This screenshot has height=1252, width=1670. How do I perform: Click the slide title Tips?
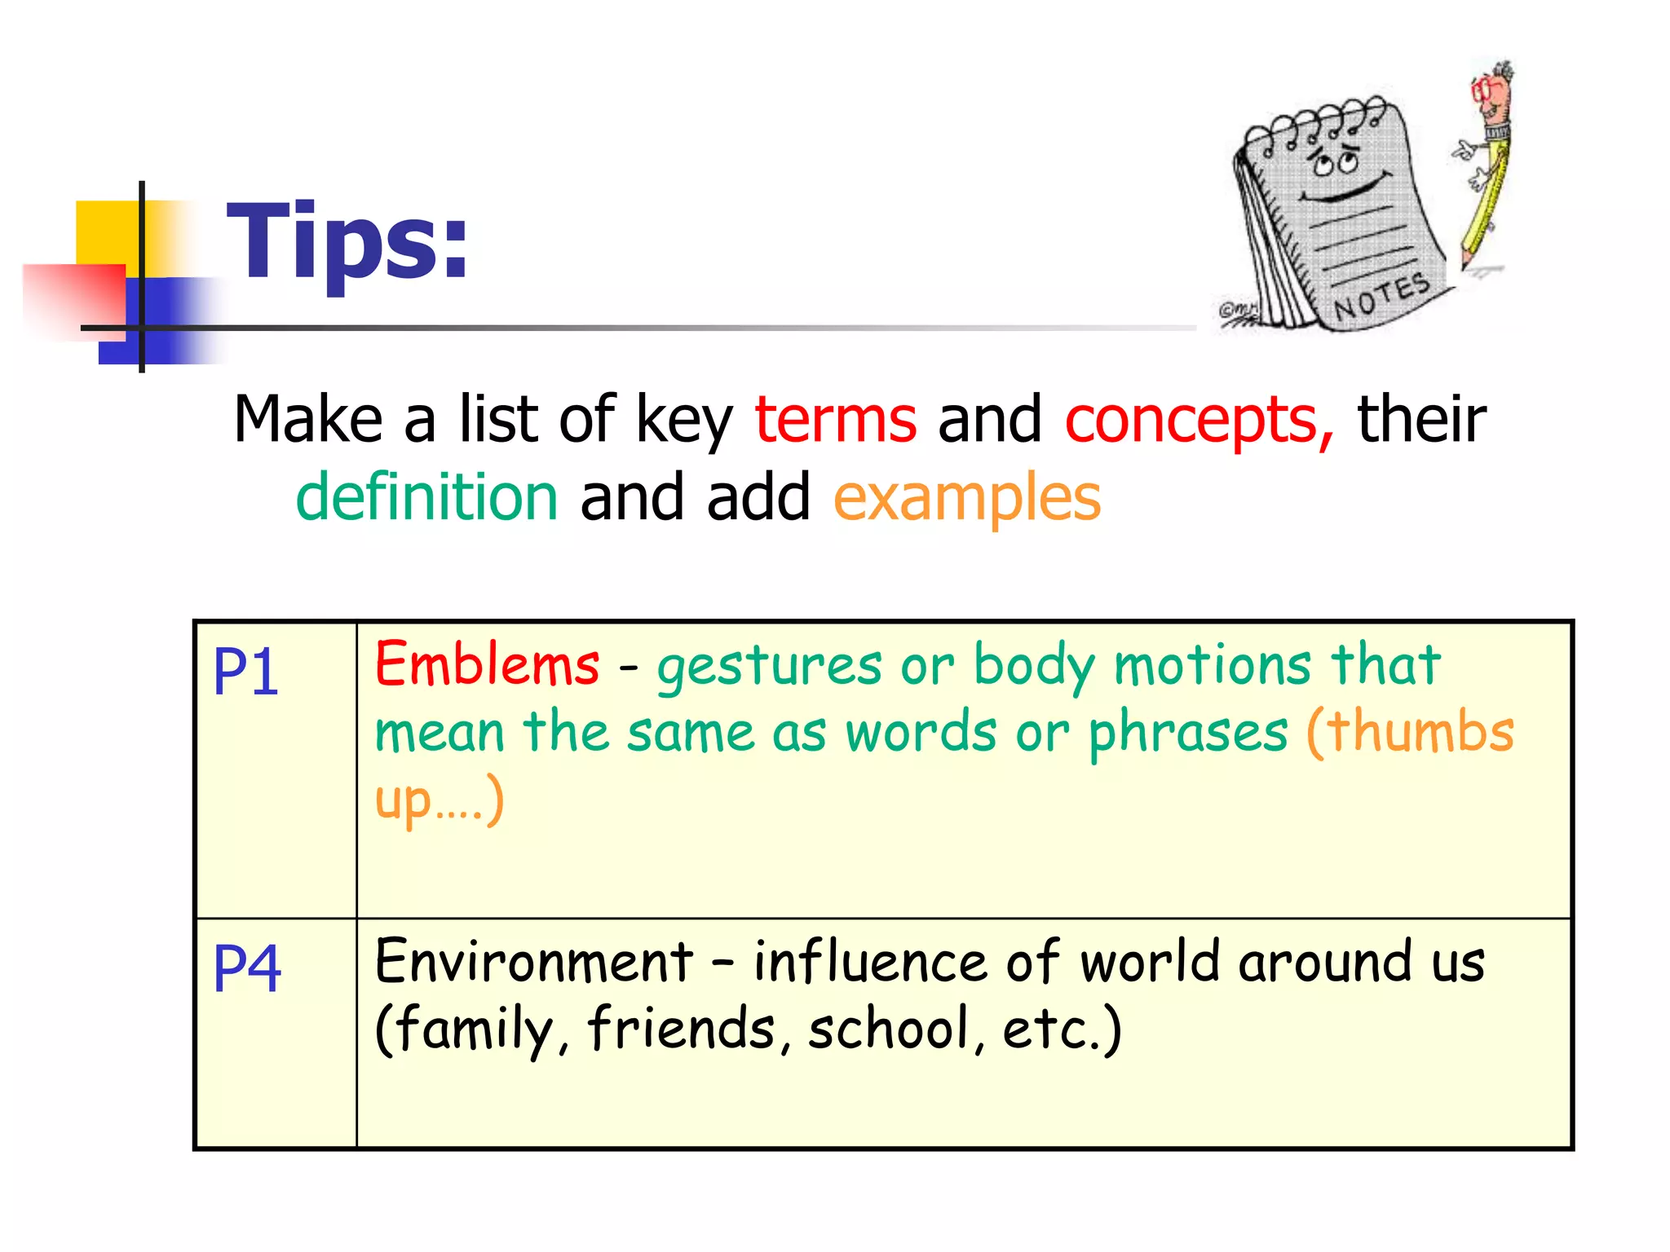pyautogui.click(x=347, y=242)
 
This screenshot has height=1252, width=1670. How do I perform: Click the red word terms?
pyautogui.click(x=836, y=420)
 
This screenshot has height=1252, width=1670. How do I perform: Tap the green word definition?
pyautogui.click(x=426, y=497)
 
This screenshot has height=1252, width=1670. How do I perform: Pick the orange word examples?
pyautogui.click(x=967, y=499)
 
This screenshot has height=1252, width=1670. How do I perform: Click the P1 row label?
pyautogui.click(x=245, y=672)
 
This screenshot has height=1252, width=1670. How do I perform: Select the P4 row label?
pyautogui.click(x=247, y=968)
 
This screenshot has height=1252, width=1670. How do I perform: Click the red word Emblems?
pyautogui.click(x=487, y=664)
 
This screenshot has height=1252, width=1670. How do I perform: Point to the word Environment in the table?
pyautogui.click(x=533, y=962)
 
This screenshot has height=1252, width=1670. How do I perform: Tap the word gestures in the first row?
pyautogui.click(x=769, y=667)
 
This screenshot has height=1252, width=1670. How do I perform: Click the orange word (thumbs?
pyautogui.click(x=1410, y=731)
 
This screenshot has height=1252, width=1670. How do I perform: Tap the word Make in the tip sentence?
pyautogui.click(x=307, y=420)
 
